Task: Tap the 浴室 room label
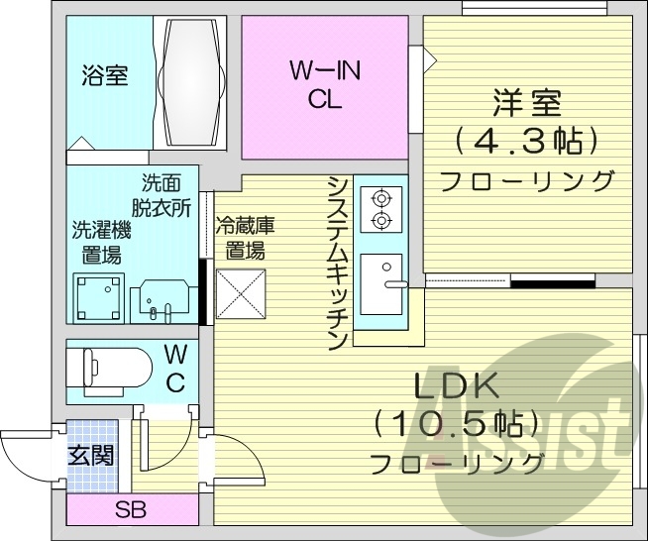point(104,75)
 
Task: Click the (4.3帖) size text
point(527,141)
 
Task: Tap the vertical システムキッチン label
point(338,263)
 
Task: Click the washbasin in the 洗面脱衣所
point(159,298)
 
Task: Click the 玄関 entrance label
point(90,456)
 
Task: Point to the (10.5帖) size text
point(456,424)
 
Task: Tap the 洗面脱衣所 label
point(164,195)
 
